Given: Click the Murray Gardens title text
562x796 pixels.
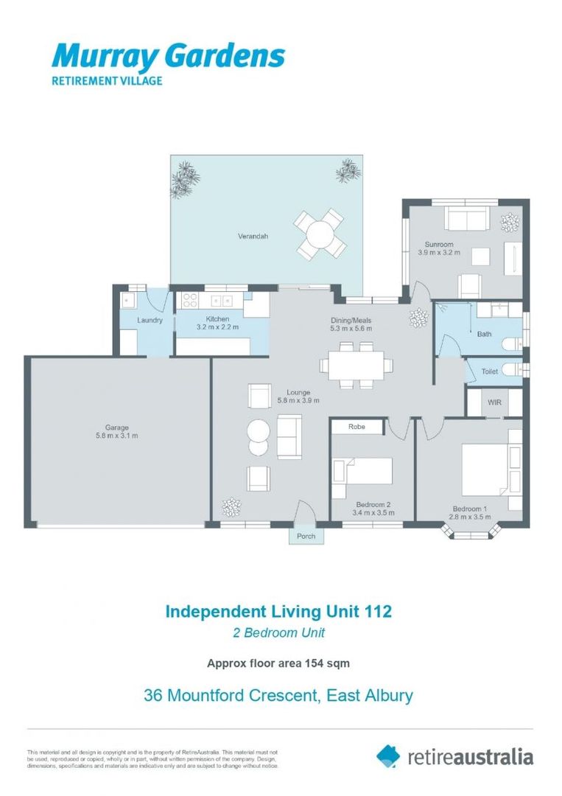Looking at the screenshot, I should pyautogui.click(x=167, y=56).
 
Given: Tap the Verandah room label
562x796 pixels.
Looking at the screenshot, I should pyautogui.click(x=252, y=237).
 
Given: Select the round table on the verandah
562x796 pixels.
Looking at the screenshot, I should pyautogui.click(x=320, y=234).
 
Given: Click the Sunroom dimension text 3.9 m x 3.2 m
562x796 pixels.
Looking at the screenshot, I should pyautogui.click(x=439, y=252).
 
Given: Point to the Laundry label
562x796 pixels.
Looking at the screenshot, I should pyautogui.click(x=150, y=321).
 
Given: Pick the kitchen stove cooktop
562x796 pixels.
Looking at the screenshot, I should pyautogui.click(x=189, y=301).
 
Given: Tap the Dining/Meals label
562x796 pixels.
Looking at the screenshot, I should pyautogui.click(x=350, y=321).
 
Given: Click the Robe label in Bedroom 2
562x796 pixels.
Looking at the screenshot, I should pyautogui.click(x=357, y=427).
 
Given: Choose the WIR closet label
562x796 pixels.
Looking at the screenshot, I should pyautogui.click(x=494, y=402).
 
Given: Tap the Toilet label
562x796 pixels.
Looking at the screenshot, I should pyautogui.click(x=490, y=371).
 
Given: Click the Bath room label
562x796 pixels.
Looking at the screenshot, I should pyautogui.click(x=484, y=334).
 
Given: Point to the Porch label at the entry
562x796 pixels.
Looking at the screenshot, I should pyautogui.click(x=306, y=536).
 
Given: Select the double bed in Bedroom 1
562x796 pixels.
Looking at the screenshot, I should pyautogui.click(x=485, y=469).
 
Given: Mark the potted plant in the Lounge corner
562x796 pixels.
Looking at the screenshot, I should pyautogui.click(x=231, y=507).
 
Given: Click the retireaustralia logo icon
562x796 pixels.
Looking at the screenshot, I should pyautogui.click(x=388, y=755).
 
